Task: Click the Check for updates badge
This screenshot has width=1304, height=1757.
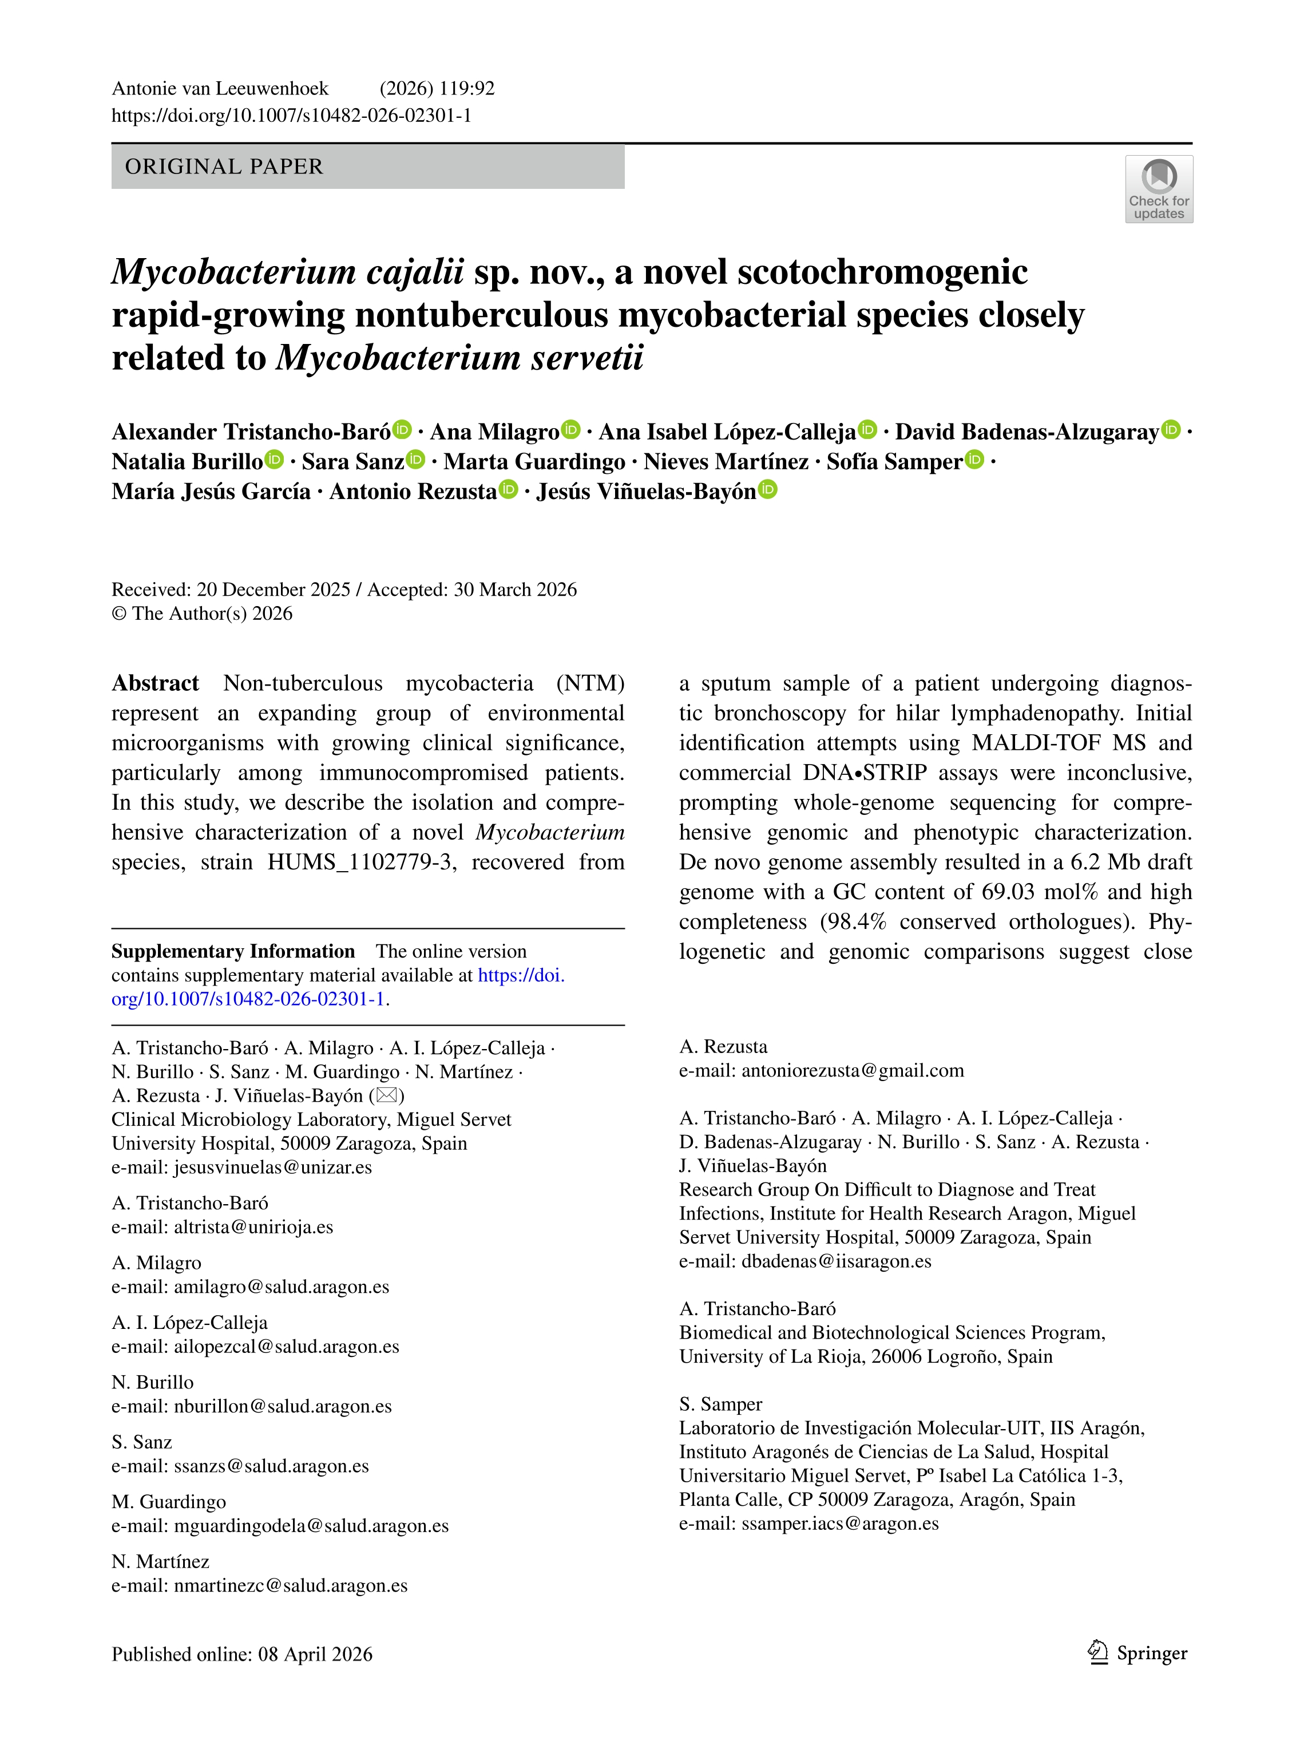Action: click(x=1158, y=189)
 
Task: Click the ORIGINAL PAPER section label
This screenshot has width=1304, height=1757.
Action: click(x=224, y=167)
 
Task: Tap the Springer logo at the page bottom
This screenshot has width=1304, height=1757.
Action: click(x=1137, y=1653)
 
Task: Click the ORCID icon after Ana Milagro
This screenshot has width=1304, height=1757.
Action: click(x=570, y=430)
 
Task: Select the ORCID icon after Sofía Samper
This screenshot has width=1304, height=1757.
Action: click(x=976, y=460)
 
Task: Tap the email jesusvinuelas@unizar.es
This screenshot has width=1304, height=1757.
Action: click(x=272, y=1168)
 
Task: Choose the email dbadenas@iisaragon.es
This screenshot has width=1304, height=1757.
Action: click(x=836, y=1261)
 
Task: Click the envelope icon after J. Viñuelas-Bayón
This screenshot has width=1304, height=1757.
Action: click(x=387, y=1095)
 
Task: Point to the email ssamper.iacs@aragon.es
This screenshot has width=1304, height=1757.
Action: click(x=840, y=1523)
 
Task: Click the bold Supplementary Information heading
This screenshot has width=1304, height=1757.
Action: click(x=233, y=951)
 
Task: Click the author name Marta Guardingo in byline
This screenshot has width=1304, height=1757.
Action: click(x=534, y=461)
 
